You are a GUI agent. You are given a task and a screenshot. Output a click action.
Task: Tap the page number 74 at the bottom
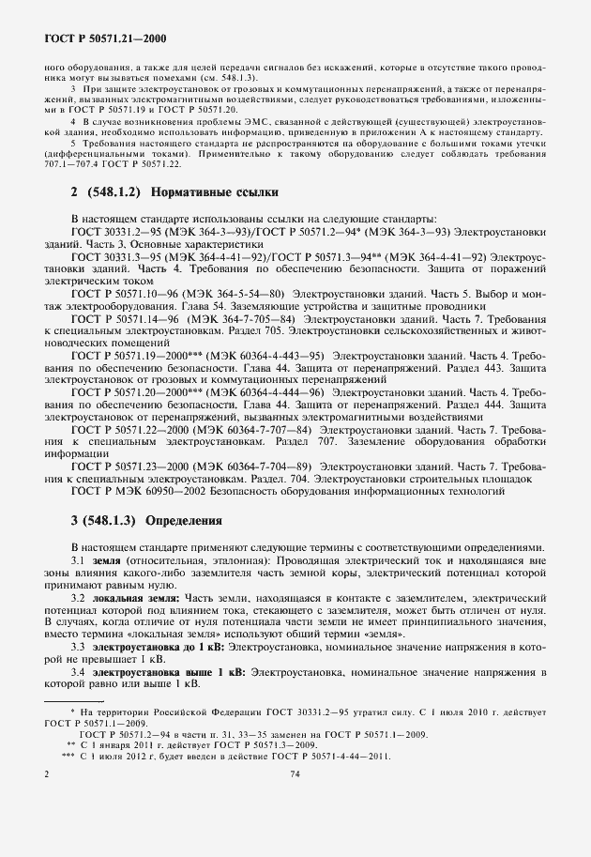point(295,773)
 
